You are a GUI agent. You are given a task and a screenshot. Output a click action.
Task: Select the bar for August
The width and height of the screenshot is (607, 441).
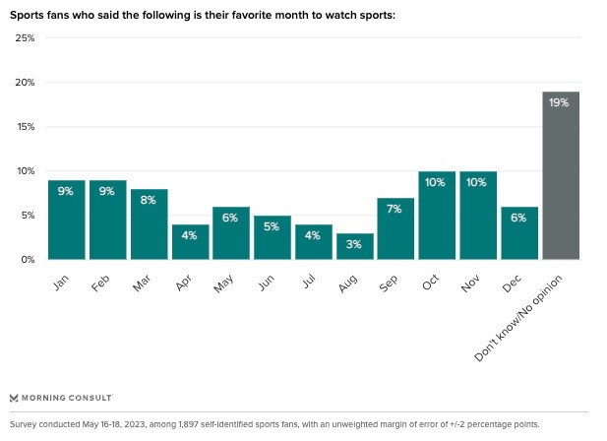354,246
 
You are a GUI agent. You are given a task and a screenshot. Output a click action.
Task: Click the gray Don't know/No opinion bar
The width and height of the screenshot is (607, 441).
560,177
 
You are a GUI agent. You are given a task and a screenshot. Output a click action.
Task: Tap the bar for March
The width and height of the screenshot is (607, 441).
149,224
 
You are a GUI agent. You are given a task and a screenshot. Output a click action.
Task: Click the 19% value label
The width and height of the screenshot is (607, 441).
560,103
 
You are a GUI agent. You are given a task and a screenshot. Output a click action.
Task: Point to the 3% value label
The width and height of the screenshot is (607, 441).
354,244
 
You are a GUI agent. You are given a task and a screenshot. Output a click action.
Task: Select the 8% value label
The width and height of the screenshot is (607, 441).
149,201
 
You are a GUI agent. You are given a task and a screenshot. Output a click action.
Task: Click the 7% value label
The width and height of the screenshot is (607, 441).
395,210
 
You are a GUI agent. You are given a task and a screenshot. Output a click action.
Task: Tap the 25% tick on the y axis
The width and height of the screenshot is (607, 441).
25,38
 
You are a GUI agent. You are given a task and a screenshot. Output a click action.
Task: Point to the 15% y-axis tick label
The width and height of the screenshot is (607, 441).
25,127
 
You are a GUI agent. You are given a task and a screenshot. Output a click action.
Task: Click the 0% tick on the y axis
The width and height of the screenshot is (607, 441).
28,260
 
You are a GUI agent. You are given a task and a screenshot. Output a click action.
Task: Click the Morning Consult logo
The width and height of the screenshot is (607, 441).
61,398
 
